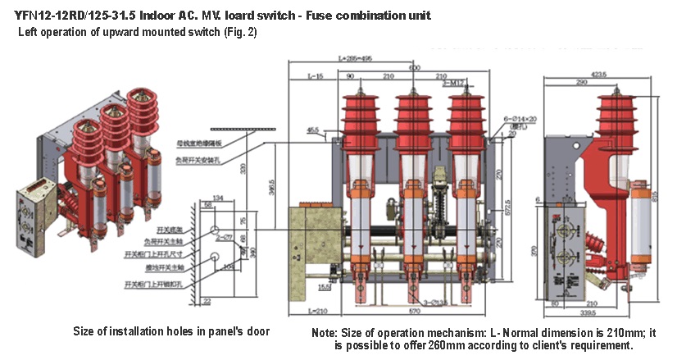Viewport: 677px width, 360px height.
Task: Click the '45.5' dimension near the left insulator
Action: pyautogui.click(x=312, y=130)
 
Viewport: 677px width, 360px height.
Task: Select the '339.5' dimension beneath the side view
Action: pyautogui.click(x=597, y=312)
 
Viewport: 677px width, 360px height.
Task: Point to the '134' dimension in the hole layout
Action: pyautogui.click(x=217, y=198)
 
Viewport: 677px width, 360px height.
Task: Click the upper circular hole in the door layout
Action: pyautogui.click(x=214, y=231)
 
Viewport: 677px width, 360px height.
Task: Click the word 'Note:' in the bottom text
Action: pyautogui.click(x=325, y=334)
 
